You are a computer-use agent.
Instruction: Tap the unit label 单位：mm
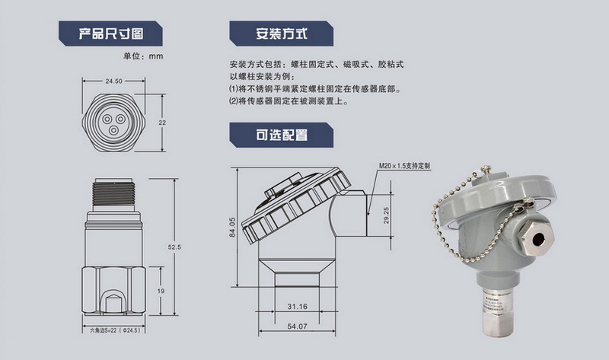[143, 56]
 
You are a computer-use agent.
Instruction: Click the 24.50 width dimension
[114, 81]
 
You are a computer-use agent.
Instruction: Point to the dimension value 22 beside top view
[161, 123]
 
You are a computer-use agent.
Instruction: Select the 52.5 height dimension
[173, 246]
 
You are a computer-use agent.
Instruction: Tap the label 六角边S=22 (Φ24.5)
[114, 331]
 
